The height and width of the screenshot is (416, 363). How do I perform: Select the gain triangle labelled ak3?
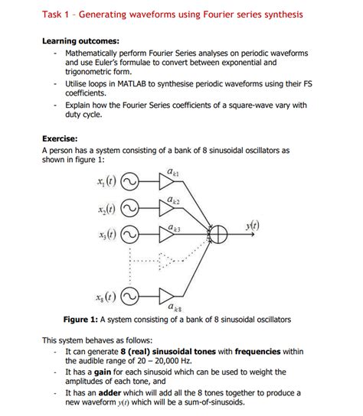pyautogui.click(x=167, y=234)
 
